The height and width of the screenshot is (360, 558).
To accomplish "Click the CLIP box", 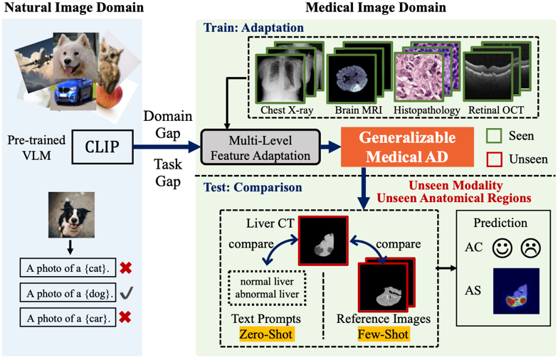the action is (x=102, y=147).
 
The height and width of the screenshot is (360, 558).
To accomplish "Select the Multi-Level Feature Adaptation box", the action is (x=260, y=147).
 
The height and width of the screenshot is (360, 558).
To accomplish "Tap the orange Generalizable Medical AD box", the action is (x=407, y=147).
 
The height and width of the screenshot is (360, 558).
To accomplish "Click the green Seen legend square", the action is (x=494, y=136).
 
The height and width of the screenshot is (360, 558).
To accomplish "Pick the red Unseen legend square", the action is (x=494, y=159).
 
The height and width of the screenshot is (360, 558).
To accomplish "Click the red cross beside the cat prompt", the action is (x=125, y=268).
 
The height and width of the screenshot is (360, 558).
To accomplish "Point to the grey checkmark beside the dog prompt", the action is (x=127, y=293).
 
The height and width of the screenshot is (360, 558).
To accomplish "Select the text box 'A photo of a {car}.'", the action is (x=68, y=317).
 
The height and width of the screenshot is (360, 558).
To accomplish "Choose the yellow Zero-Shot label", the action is (x=266, y=334).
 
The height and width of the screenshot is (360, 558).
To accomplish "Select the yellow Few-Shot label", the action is (x=383, y=334).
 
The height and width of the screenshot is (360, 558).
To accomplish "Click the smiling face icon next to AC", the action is (x=502, y=248).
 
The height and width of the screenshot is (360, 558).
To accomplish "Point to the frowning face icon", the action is (x=531, y=248).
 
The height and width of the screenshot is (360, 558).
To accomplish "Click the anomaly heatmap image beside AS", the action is (x=516, y=291).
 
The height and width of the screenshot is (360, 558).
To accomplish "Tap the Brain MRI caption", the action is (x=359, y=110).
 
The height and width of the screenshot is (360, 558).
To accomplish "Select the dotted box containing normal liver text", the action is (x=267, y=288).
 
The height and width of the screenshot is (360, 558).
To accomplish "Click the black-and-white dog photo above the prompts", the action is (x=71, y=215).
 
